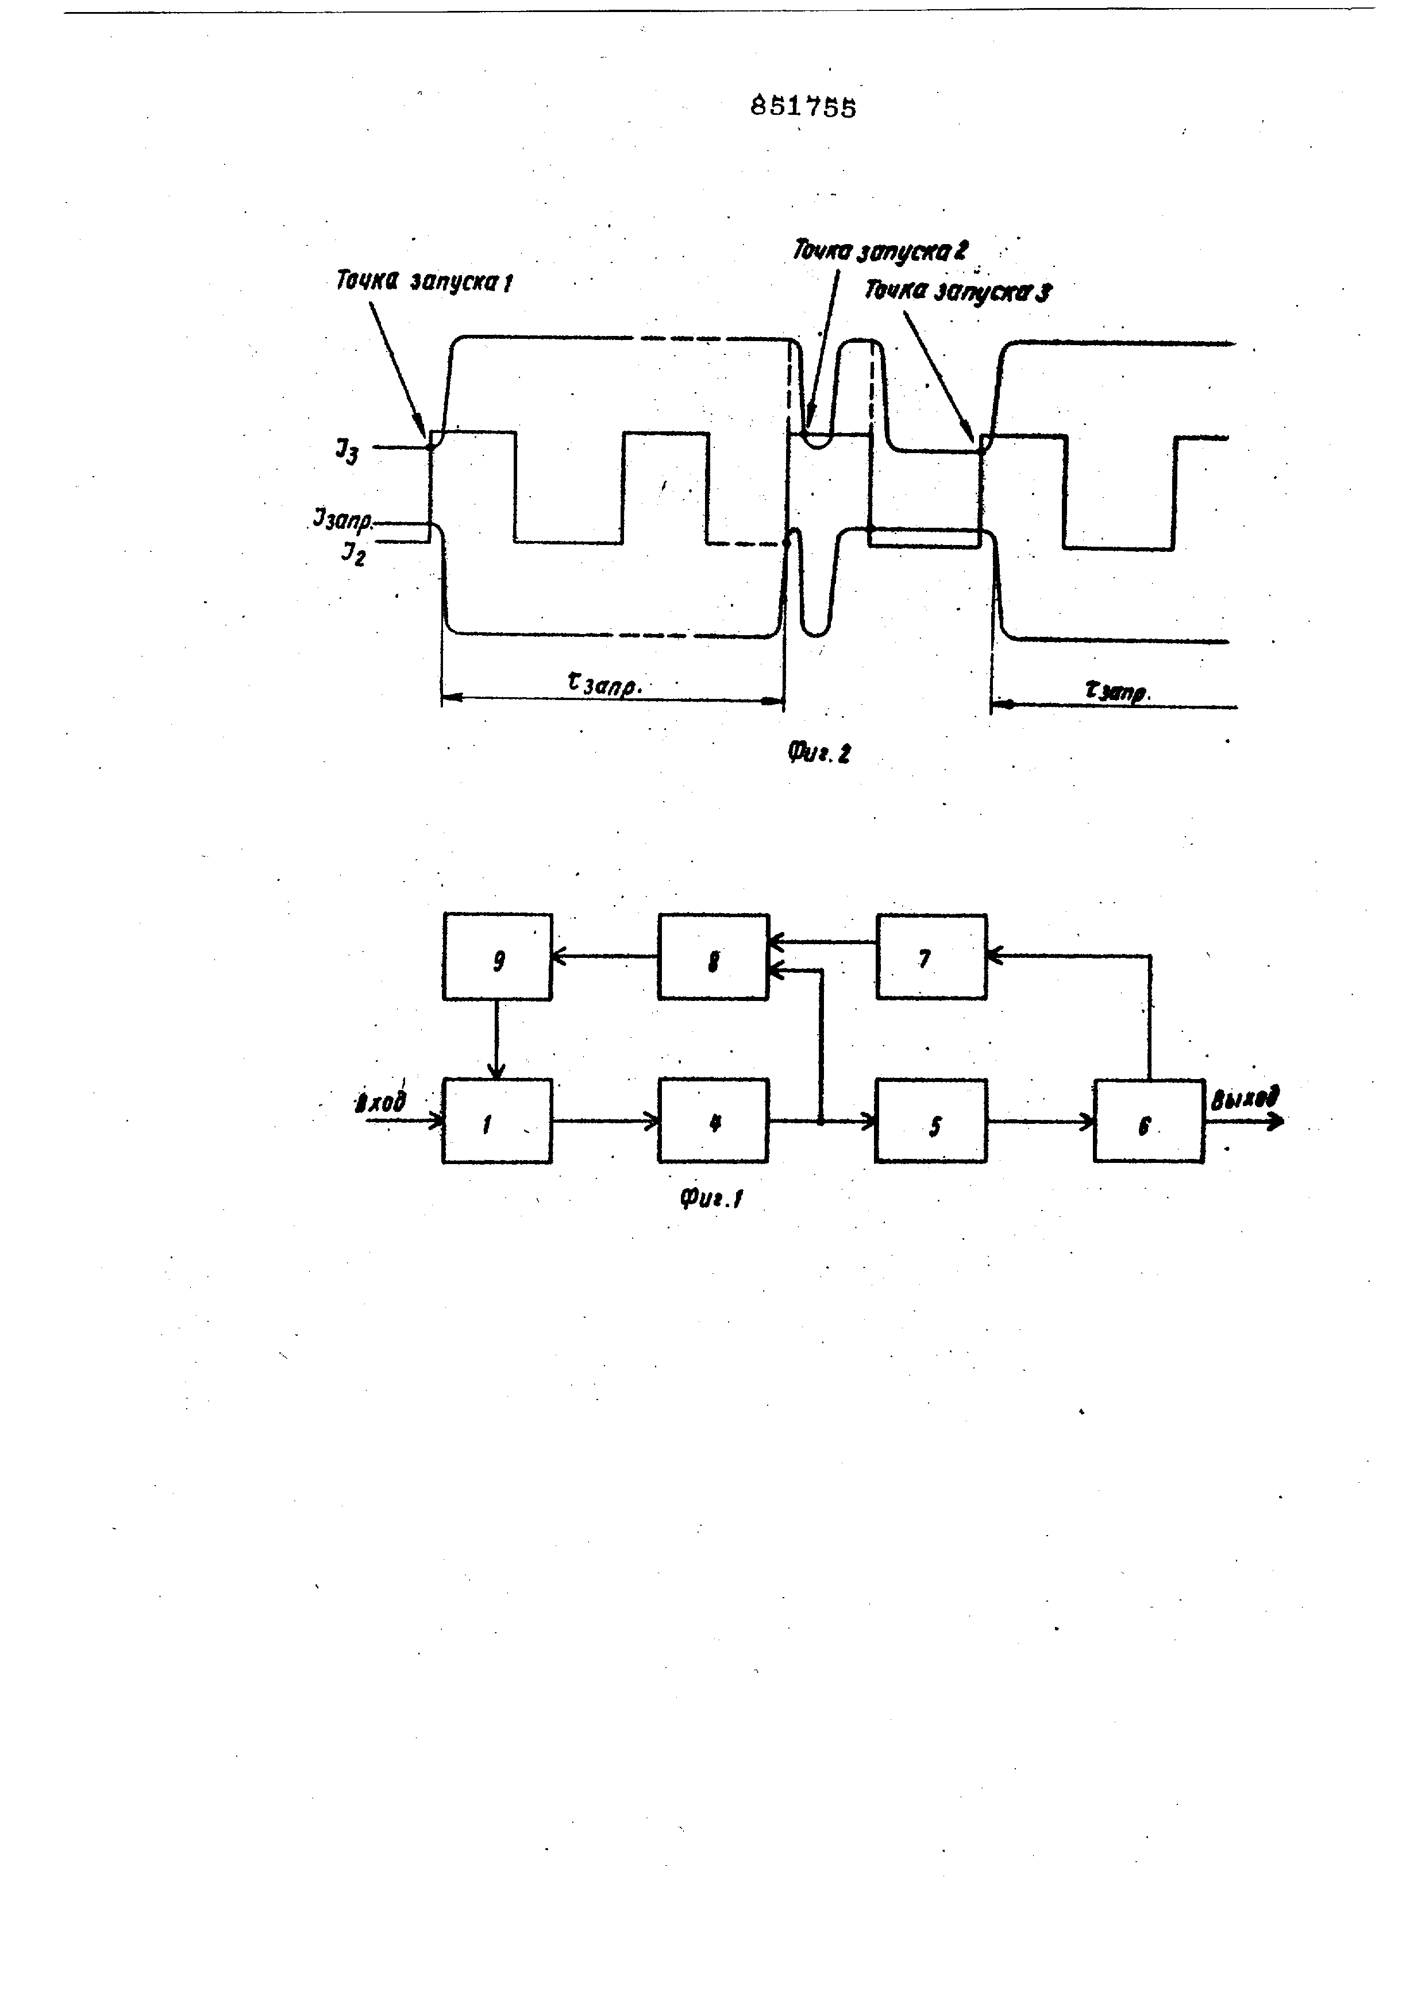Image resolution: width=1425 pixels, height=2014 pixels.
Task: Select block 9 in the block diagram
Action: point(498,957)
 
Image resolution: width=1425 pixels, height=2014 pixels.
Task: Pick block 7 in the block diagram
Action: point(931,957)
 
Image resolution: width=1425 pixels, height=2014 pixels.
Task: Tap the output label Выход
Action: point(1244,1099)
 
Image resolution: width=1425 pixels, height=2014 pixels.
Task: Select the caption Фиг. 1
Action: point(711,1198)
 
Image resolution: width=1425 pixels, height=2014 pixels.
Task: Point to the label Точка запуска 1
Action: point(425,281)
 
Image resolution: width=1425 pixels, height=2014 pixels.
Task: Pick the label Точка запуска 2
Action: point(880,251)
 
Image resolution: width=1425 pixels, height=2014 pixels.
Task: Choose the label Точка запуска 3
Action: point(957,291)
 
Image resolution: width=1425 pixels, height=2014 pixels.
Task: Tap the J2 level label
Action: point(353,554)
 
